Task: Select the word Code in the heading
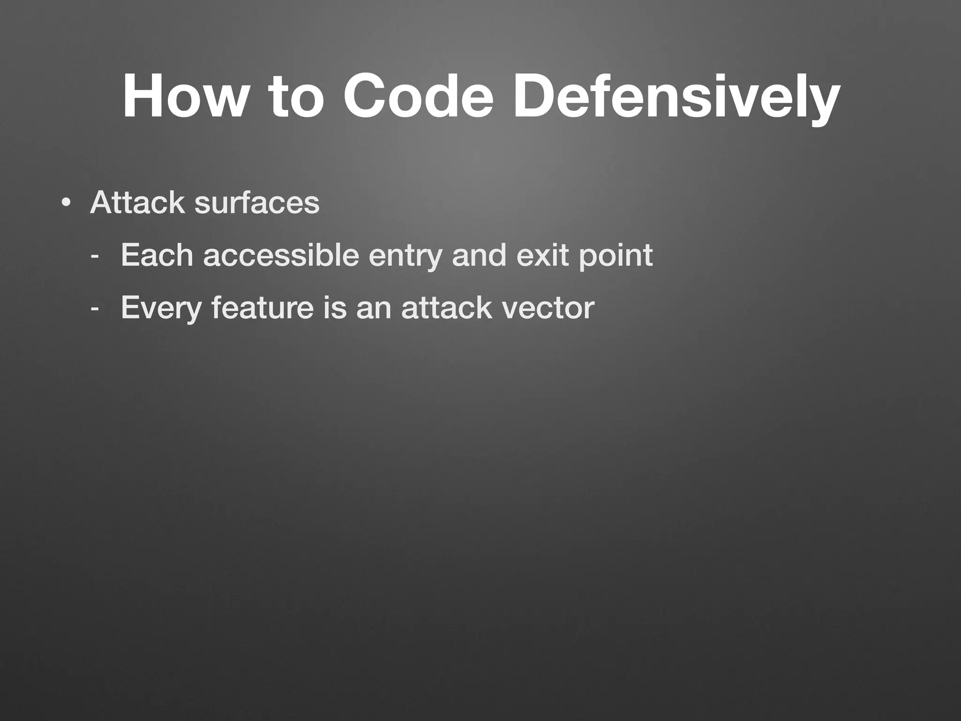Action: [x=418, y=96]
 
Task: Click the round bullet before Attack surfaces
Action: [x=66, y=203]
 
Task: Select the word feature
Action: [x=262, y=308]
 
